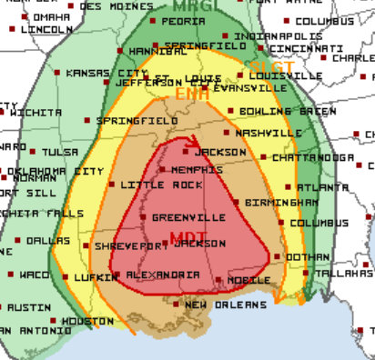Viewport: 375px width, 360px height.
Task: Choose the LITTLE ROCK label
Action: coord(147,185)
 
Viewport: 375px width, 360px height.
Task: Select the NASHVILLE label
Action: coord(268,133)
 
